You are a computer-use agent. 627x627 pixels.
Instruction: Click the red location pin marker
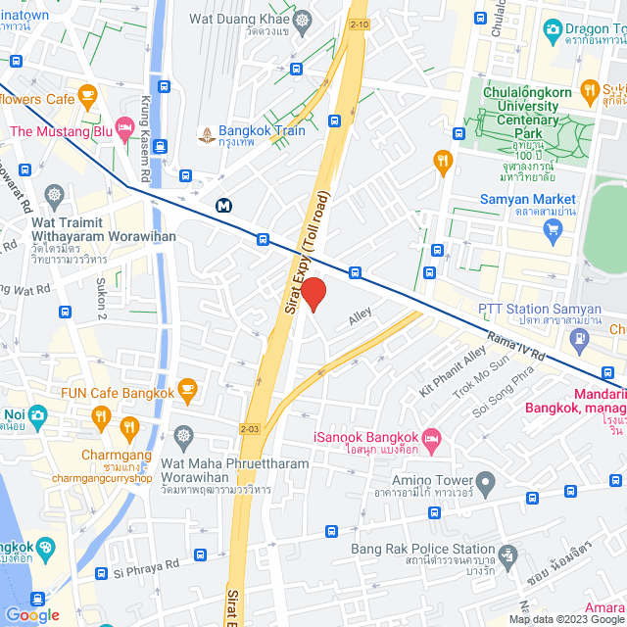click(313, 294)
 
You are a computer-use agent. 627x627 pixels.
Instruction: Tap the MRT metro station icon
click(225, 206)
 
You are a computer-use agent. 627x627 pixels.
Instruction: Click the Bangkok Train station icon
click(206, 132)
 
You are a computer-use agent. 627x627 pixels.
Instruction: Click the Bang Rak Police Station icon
click(506, 555)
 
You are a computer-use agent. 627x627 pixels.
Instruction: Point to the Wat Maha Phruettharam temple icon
click(182, 435)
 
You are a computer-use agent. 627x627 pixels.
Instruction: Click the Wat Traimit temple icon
click(53, 193)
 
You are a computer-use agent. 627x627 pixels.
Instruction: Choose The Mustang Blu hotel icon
click(124, 128)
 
